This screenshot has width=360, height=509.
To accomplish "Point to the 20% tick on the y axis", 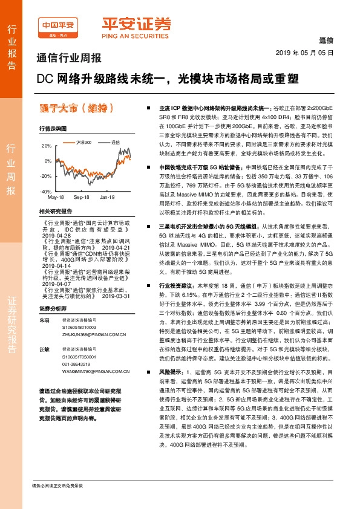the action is point(47,146).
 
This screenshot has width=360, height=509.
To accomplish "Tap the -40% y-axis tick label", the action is point(45,190).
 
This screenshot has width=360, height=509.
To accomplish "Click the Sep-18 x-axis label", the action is point(82,198).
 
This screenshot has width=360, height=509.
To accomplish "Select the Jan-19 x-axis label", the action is point(108,198).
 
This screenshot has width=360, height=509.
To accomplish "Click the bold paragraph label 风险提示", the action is point(171,373).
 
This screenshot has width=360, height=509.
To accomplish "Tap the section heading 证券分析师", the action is point(50,291).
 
